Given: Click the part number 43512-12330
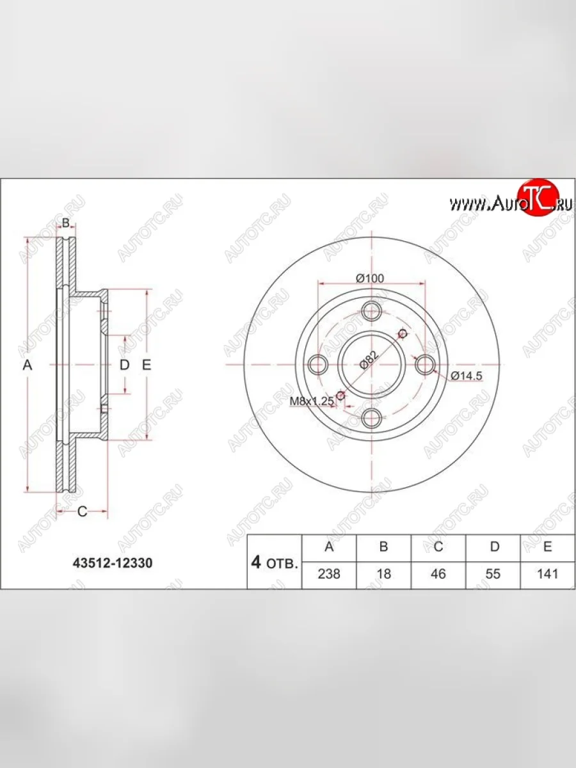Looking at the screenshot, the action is click(x=112, y=563).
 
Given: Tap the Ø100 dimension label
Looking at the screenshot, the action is click(x=370, y=278).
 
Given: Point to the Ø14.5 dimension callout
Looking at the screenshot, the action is click(x=466, y=376).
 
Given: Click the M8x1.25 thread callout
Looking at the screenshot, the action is click(x=312, y=401).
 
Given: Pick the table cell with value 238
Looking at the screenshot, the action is click(x=329, y=574).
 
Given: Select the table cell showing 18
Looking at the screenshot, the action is click(x=383, y=574).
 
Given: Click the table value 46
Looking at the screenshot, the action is click(x=438, y=574).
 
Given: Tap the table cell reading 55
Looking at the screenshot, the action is click(x=493, y=574).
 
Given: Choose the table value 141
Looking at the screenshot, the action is click(x=547, y=574).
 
